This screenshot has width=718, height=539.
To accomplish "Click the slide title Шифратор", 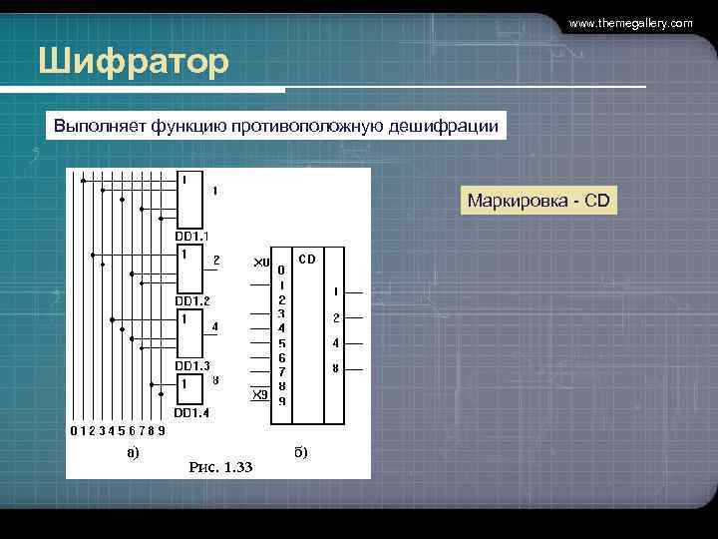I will click(134, 62).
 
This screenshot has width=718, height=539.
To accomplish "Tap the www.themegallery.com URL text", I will click(630, 22).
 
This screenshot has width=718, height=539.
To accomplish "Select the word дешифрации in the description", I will click(449, 127).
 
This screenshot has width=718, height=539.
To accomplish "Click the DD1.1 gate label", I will click(192, 237).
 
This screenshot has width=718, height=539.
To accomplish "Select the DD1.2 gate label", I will click(192, 300).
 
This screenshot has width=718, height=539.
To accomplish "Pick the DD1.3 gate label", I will click(192, 365).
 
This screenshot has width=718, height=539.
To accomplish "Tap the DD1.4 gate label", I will click(192, 411).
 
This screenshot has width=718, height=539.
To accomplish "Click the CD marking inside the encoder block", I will click(307, 259).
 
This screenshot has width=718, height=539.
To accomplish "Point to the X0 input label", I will click(260, 263).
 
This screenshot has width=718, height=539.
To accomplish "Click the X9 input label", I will click(259, 394).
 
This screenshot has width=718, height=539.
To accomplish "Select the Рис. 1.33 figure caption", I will click(220, 466).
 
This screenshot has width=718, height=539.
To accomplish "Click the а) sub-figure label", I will click(133, 451).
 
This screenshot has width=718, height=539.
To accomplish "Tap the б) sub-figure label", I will click(300, 451).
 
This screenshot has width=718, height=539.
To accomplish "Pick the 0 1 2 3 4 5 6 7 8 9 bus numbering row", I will click(118, 431).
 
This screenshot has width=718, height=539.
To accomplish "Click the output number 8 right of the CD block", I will click(336, 368).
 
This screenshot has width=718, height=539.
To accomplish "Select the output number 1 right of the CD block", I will click(336, 291).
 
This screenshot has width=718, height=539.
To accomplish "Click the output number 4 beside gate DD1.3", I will click(216, 326).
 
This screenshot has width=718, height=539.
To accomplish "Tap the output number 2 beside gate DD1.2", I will click(216, 260).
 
